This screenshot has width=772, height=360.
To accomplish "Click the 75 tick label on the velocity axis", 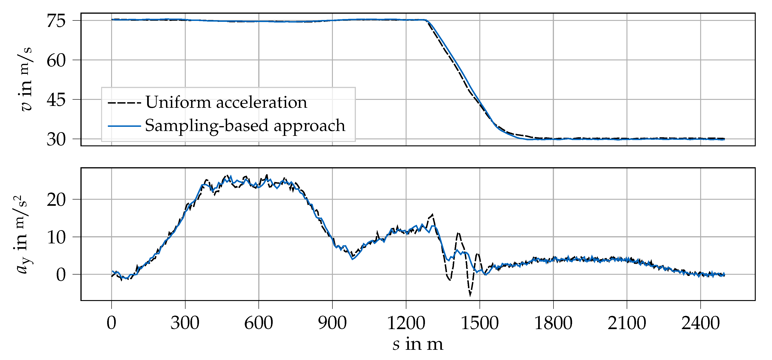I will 56,22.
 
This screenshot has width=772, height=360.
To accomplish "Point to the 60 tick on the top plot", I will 56,61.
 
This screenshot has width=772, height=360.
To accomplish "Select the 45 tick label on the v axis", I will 56,100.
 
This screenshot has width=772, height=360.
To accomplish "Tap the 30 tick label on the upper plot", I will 56,140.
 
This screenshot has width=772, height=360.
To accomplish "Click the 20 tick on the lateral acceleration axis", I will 56,200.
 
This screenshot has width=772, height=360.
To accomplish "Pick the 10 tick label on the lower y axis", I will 56,238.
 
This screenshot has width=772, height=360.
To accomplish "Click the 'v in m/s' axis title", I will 26,79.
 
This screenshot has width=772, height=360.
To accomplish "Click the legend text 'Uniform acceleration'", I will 226,102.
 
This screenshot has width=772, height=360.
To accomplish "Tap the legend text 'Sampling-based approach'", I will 245,125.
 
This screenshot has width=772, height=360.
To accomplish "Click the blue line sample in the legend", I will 124,126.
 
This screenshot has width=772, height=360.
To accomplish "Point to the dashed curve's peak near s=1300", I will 432,214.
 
